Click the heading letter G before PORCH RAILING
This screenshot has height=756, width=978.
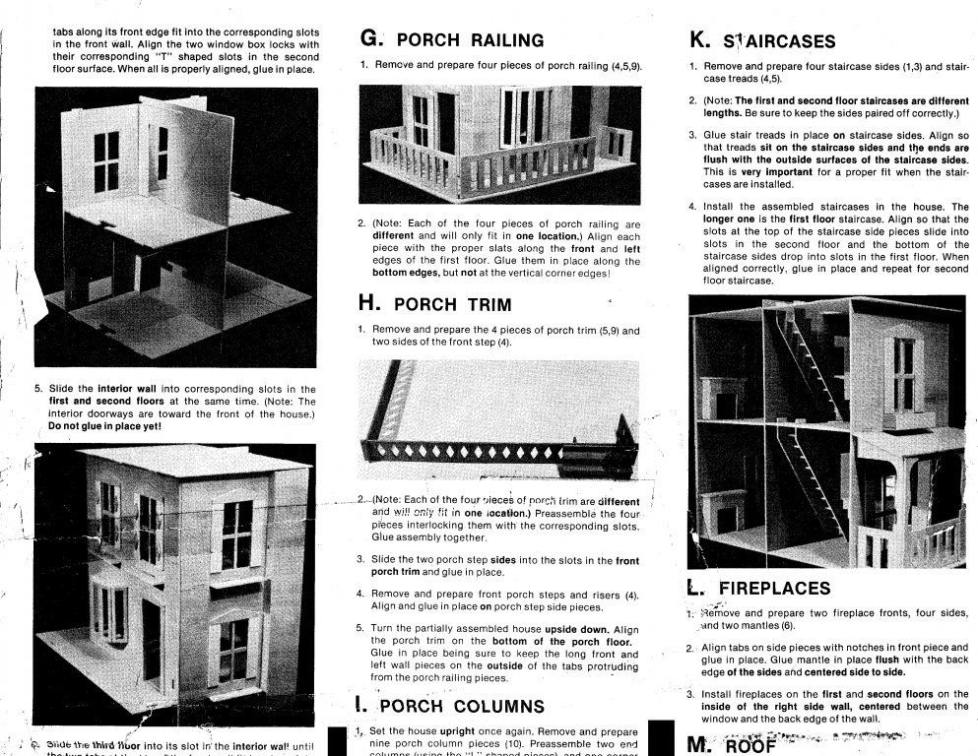(x=371, y=39)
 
